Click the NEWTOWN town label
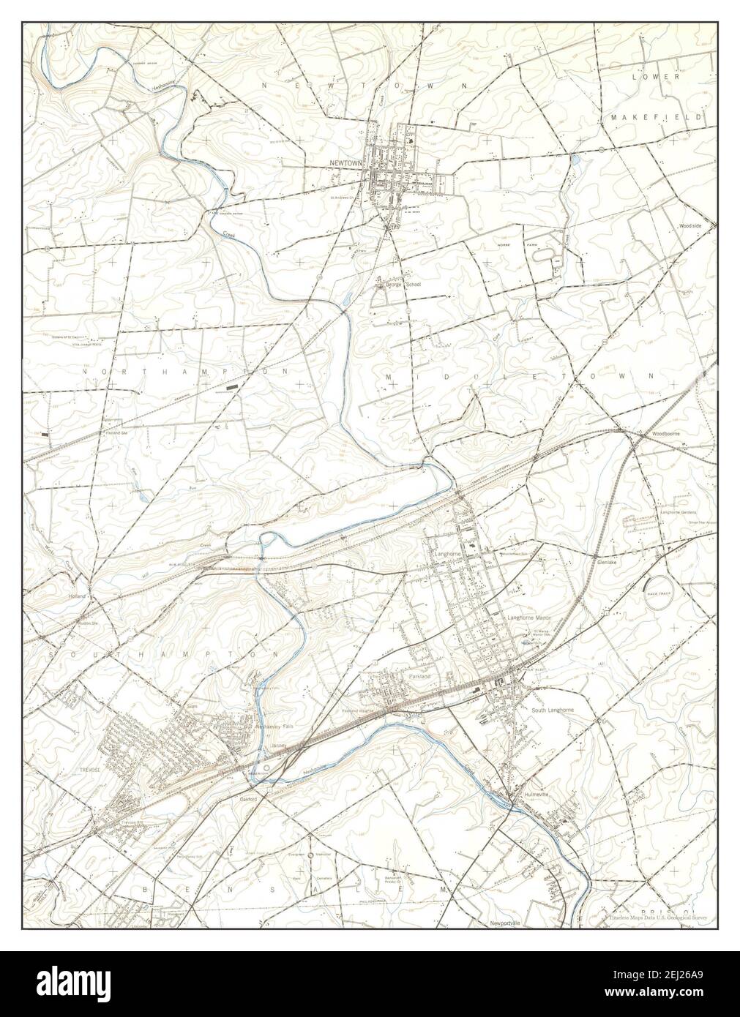point(346,164)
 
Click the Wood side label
point(689,227)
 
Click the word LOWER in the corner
point(661,76)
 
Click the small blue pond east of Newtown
point(576,158)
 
